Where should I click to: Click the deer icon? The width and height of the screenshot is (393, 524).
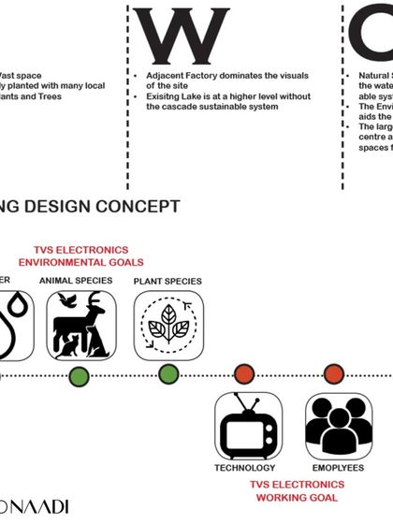tap(81, 325)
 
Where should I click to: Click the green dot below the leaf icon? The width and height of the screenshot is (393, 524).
tap(168, 375)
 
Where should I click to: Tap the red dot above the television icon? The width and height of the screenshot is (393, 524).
tap(244, 373)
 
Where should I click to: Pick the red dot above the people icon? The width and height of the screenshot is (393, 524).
tap(333, 373)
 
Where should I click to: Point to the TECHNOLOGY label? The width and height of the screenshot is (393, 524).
tap(245, 468)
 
